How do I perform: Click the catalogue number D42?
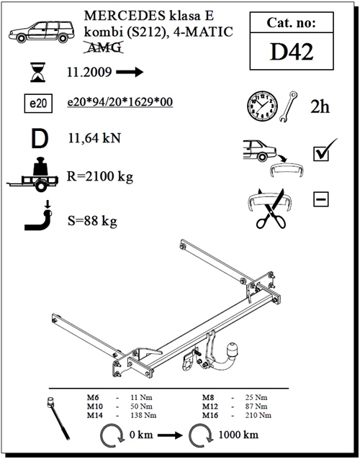coord(292,52)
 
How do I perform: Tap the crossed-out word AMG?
coord(104,47)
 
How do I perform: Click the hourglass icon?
coord(38,72)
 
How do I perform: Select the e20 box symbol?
coord(38,104)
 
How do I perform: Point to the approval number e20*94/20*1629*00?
coord(120,102)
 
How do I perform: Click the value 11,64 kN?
coord(94,138)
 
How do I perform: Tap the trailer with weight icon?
coord(32,175)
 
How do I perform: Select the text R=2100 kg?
coord(100,176)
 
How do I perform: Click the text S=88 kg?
coord(92,221)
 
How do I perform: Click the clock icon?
coord(262,106)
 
